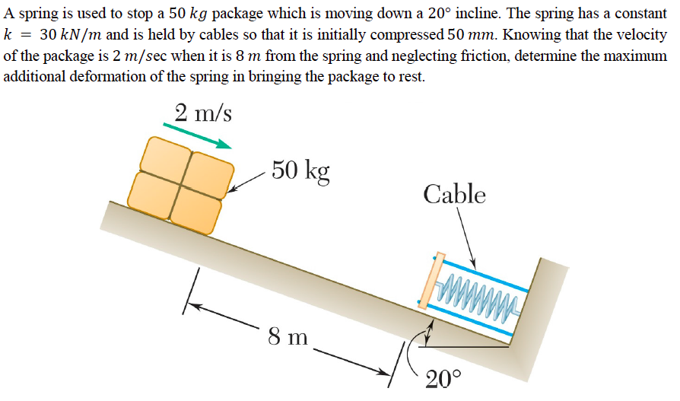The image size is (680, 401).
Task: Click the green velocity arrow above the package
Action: pyautogui.click(x=197, y=135)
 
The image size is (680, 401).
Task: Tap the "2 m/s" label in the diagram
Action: pyautogui.click(x=203, y=113)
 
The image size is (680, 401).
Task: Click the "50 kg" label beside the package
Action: pyautogui.click(x=301, y=170)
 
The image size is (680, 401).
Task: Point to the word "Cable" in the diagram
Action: pyautogui.click(x=454, y=194)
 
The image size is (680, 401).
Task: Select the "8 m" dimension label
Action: pyautogui.click(x=288, y=336)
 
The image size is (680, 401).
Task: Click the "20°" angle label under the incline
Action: pyautogui.click(x=443, y=378)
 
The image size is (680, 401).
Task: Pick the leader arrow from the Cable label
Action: pyautogui.click(x=466, y=237)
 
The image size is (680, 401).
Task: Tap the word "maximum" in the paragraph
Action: pyautogui.click(x=637, y=56)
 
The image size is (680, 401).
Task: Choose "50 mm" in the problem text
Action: pyautogui.click(x=466, y=36)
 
